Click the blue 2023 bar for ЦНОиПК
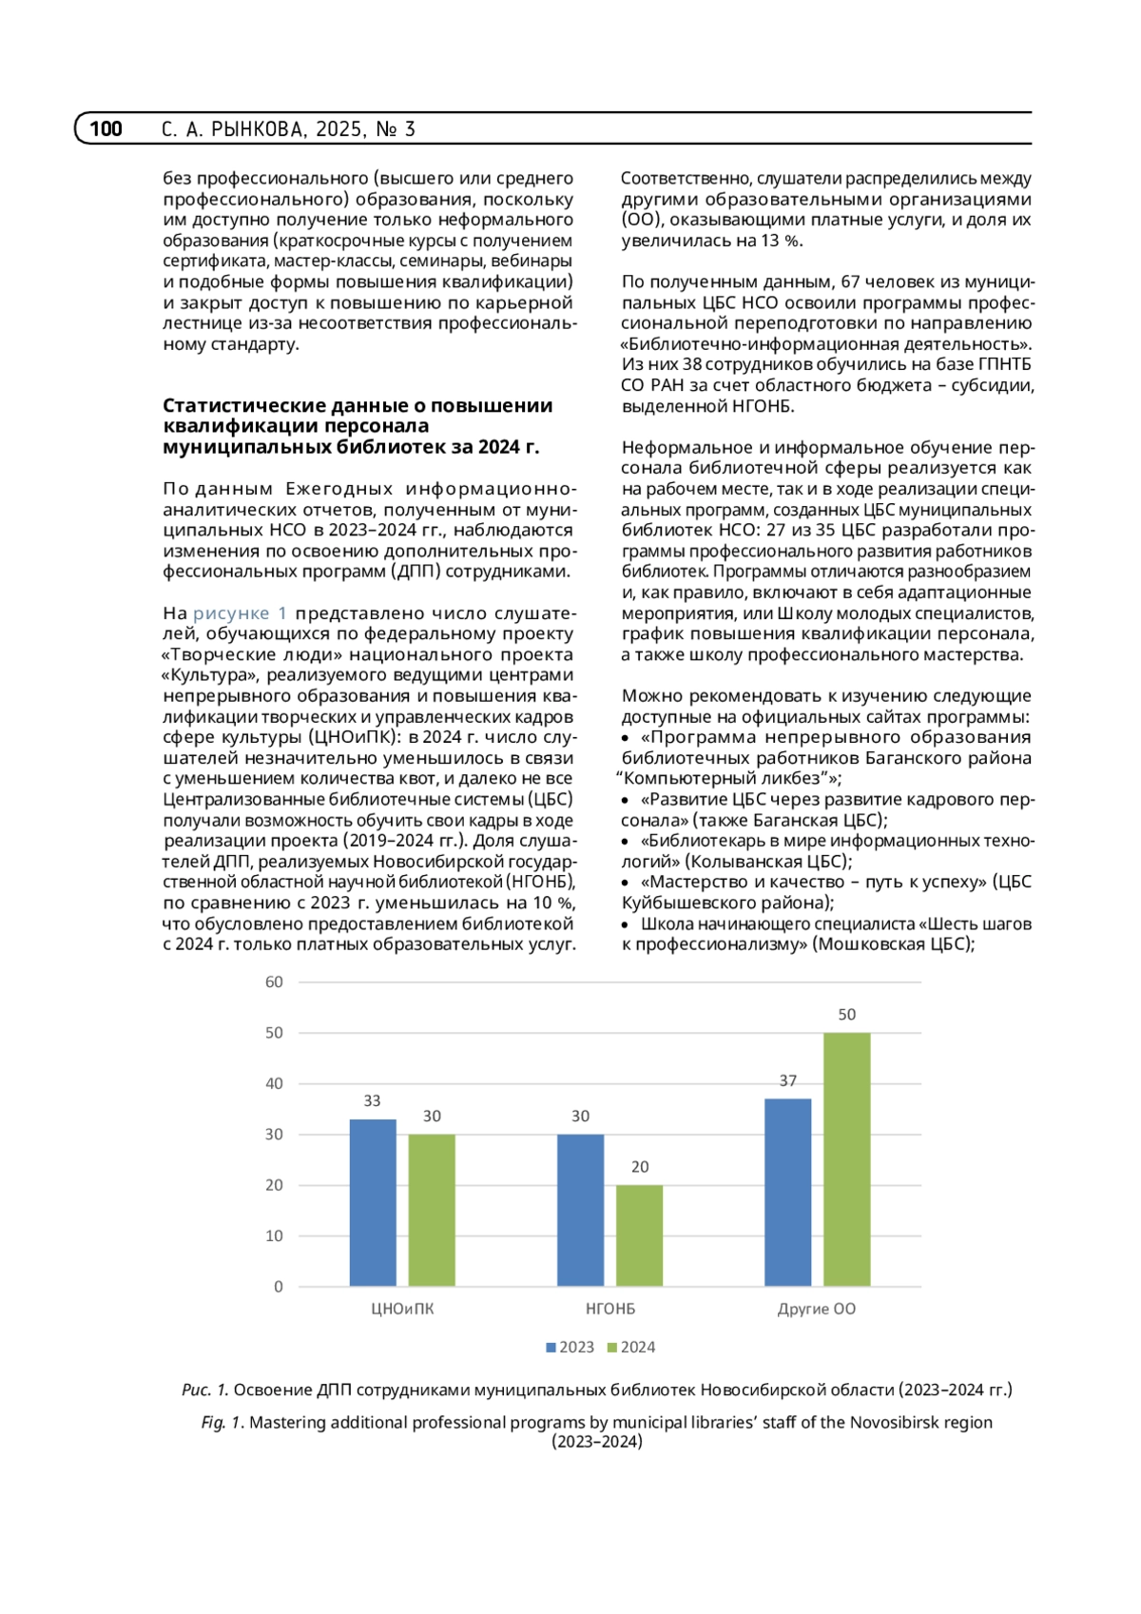[x=373, y=1202]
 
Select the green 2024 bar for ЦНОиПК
[x=432, y=1210]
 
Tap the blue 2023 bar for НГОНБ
[x=580, y=1210]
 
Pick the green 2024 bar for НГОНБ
[x=639, y=1235]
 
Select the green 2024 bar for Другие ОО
[x=846, y=1159]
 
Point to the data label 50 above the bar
[x=846, y=1015]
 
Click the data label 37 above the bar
[x=787, y=1080]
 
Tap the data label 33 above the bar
[x=372, y=1100]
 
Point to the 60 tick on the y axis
[x=274, y=982]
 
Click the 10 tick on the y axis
[x=274, y=1235]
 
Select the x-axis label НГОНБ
[x=609, y=1309]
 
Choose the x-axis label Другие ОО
[x=816, y=1309]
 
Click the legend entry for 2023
[x=570, y=1347]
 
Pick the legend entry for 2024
[x=632, y=1347]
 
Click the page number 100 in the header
[x=106, y=128]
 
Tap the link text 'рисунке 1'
[x=240, y=613]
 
